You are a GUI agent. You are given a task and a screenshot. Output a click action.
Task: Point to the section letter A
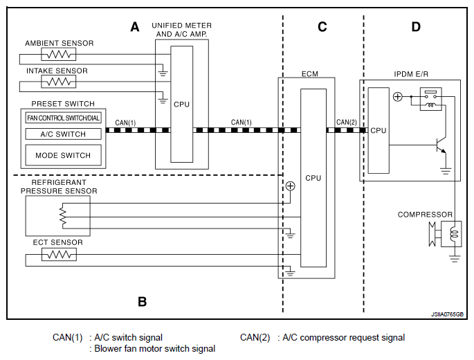[x=135, y=27]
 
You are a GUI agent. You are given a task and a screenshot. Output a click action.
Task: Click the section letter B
[x=142, y=301]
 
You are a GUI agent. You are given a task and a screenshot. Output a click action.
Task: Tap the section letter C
[x=322, y=27]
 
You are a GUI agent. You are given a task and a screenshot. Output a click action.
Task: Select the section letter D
[x=416, y=27]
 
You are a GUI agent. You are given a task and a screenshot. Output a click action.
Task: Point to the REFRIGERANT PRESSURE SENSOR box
[x=57, y=215]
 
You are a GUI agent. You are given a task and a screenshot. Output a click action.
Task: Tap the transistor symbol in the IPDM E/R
[x=439, y=145]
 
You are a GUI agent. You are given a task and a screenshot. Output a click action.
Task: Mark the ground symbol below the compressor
[x=455, y=258]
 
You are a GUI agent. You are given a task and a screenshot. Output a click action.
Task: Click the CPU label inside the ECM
[x=313, y=178]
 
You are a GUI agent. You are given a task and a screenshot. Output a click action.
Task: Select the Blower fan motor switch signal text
[x=154, y=349]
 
